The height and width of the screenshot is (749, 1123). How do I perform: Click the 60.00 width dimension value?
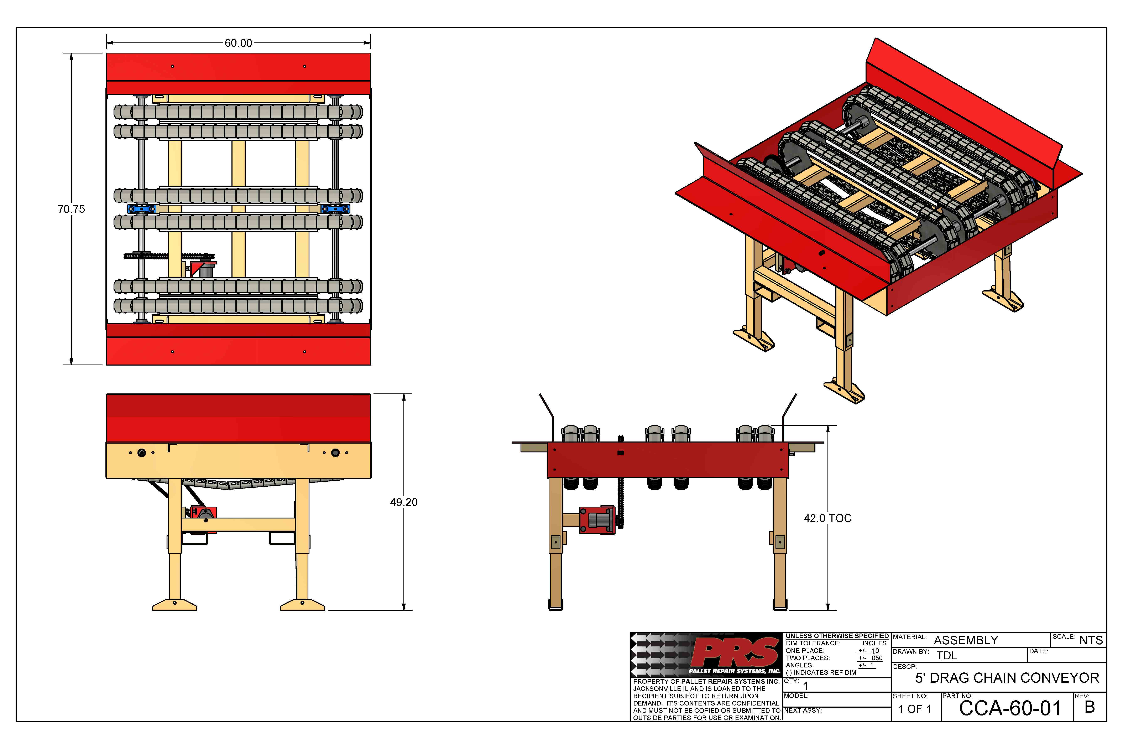coord(238,43)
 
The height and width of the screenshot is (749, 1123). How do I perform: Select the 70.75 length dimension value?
coord(71,209)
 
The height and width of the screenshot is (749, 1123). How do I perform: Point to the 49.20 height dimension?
coord(403,502)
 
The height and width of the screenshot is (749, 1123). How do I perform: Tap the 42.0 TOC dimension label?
coord(827,518)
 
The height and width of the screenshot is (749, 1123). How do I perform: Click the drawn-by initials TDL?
coord(947,655)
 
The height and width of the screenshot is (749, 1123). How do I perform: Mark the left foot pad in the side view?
coord(175,605)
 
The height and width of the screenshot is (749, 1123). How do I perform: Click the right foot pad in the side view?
coord(302,605)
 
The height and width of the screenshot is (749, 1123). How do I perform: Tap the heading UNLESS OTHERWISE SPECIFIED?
coord(837,636)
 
